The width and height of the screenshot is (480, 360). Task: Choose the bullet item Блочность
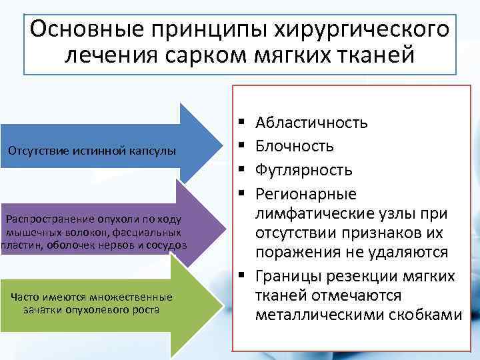295,145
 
